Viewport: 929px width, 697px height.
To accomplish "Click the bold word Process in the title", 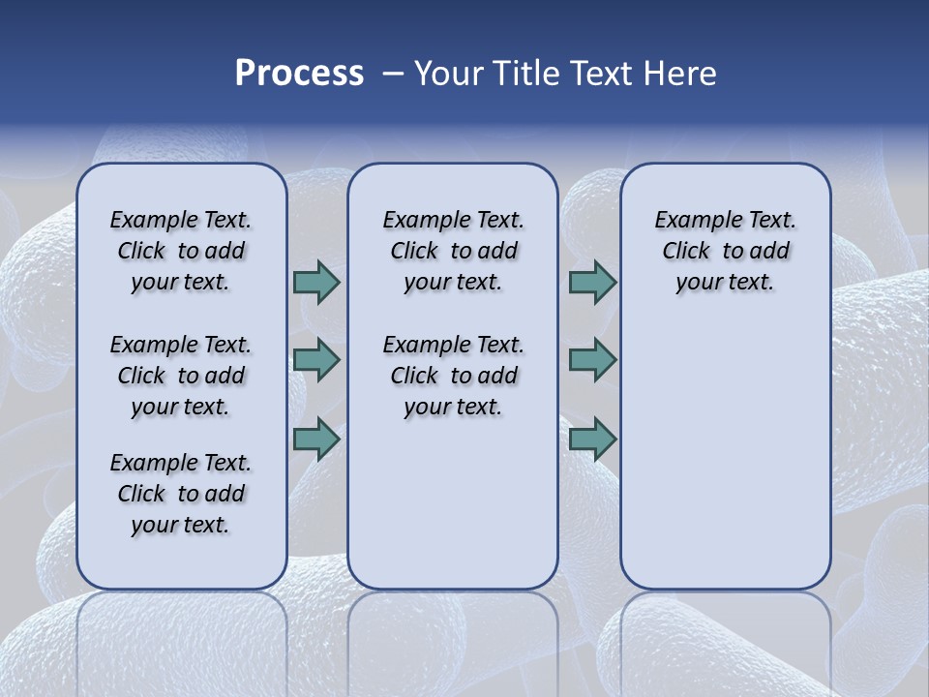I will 299,74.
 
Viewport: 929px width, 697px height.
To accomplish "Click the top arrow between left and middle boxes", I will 316,283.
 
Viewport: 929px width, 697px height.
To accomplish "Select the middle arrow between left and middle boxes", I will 316,360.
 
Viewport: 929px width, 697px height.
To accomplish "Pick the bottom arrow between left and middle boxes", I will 316,439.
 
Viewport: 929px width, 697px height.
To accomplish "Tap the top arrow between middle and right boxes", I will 592,283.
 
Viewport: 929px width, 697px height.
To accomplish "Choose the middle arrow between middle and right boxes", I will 592,360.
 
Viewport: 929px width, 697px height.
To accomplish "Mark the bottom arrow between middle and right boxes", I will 592,439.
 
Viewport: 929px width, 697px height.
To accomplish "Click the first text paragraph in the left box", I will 181,251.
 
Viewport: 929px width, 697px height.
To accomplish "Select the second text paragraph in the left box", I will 181,376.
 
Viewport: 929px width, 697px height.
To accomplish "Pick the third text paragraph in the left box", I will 181,494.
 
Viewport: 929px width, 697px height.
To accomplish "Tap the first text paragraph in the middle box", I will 453,251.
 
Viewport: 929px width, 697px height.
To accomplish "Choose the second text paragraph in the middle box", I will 453,376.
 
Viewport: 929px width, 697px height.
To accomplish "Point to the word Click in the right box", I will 686,252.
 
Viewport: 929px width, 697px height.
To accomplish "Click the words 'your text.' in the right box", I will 725,283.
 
